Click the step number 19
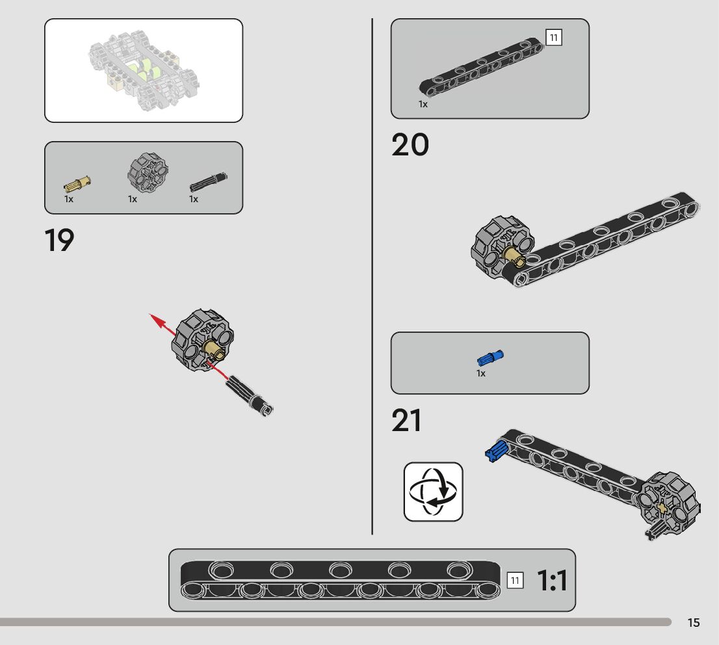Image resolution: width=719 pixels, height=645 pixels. pos(59,241)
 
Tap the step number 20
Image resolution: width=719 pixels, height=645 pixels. pos(410,145)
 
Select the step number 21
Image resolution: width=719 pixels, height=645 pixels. pos(406,421)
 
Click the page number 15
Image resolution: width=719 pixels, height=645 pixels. pos(694,623)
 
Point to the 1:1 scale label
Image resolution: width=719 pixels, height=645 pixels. pos(552,581)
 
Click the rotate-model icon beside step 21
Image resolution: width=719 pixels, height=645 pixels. pos(433,492)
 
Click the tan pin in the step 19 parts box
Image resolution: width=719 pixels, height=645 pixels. pos(77,183)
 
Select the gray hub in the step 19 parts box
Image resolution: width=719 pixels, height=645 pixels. pos(148,172)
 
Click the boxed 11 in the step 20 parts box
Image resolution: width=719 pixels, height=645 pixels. pos(553,38)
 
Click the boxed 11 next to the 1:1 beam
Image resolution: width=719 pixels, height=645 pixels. pos(514,580)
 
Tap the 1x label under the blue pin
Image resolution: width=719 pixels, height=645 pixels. pos(481,374)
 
